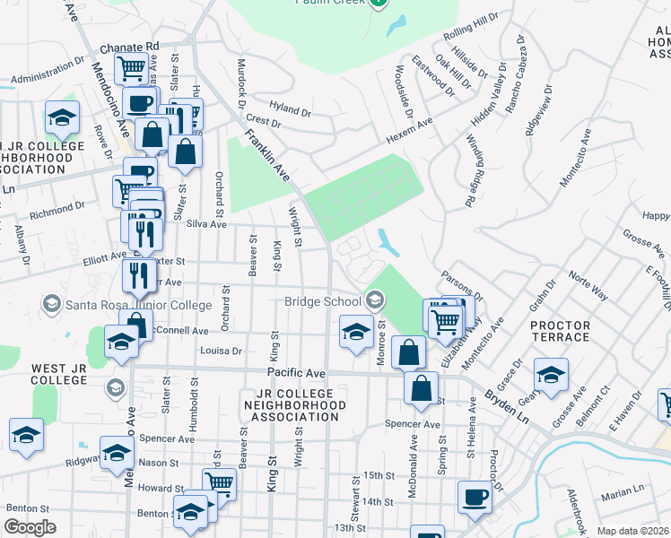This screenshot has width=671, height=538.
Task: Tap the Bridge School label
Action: click(x=323, y=301)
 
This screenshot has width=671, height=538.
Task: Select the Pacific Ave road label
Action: click(x=295, y=371)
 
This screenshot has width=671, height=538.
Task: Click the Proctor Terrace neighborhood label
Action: click(x=561, y=331)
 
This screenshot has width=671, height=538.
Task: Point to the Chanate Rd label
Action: click(x=129, y=46)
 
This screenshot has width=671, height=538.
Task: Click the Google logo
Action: click(x=30, y=527)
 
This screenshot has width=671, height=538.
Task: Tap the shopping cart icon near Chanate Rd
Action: click(x=131, y=67)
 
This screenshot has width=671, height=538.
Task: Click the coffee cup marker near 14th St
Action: click(x=475, y=496)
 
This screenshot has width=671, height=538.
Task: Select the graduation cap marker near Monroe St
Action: click(x=356, y=333)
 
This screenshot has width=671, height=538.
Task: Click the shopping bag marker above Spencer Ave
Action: click(x=421, y=388)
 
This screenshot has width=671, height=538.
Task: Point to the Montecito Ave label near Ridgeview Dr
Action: click(x=575, y=160)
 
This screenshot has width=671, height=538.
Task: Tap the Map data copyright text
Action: click(x=633, y=531)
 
